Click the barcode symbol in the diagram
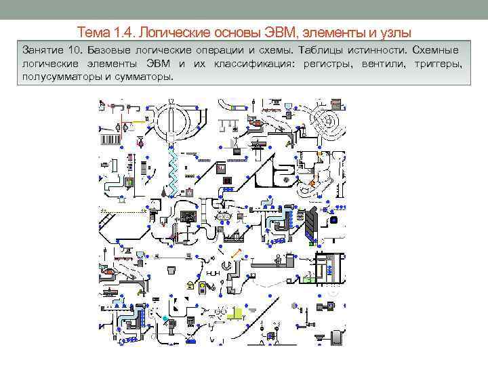[x=112, y=138]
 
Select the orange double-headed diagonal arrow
[x=237, y=253]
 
